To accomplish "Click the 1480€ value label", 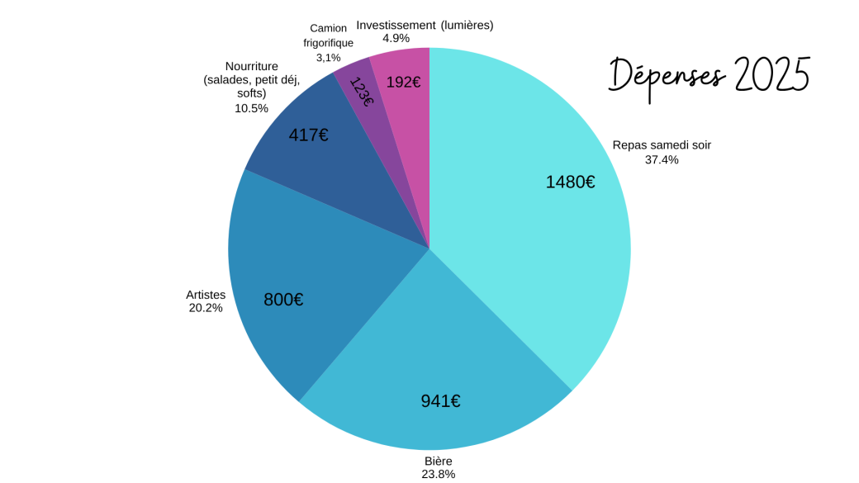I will pyautogui.click(x=570, y=182).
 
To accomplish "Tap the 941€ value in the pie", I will pyautogui.click(x=440, y=401).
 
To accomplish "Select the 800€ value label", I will pyautogui.click(x=283, y=300).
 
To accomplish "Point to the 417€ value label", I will pyautogui.click(x=308, y=135).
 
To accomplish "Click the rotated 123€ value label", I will pyautogui.click(x=362, y=92).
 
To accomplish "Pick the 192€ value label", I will pyautogui.click(x=404, y=82).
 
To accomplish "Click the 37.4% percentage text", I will pyautogui.click(x=662, y=159).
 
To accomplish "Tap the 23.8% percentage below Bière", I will pyautogui.click(x=439, y=474).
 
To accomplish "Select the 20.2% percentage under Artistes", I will pyautogui.click(x=206, y=308).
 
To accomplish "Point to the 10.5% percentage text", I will pyautogui.click(x=251, y=108).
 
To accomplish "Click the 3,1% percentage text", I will pyautogui.click(x=328, y=57).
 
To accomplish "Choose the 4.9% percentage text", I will pyautogui.click(x=396, y=38).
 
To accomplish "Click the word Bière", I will pyautogui.click(x=439, y=461).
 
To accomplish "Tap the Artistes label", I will pyautogui.click(x=206, y=295).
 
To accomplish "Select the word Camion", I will pyautogui.click(x=329, y=28).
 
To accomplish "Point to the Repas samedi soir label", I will pyautogui.click(x=662, y=145).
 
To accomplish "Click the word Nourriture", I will pyautogui.click(x=251, y=66).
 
